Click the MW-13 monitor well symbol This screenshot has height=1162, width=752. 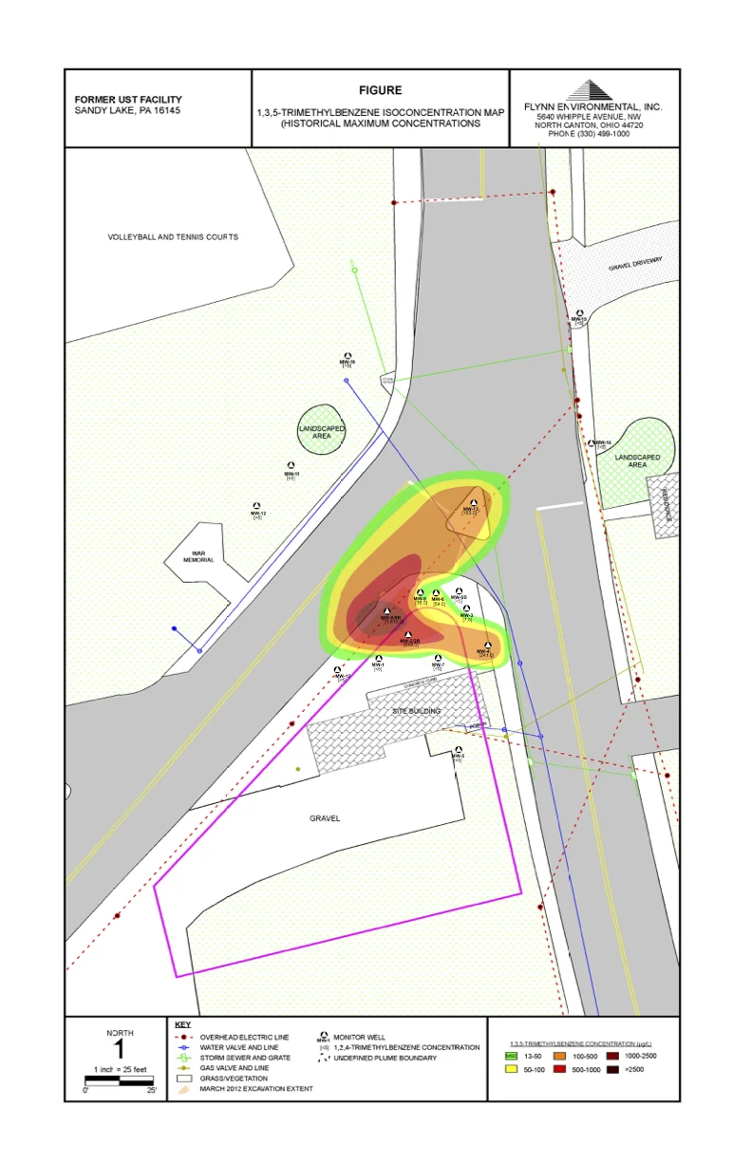473,501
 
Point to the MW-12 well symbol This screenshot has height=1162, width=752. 256,506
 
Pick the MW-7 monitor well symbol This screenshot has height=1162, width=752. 438,658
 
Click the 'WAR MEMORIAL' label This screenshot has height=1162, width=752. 198,557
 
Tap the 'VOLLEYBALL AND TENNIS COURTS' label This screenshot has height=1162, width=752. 173,237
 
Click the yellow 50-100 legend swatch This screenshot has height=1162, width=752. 511,1069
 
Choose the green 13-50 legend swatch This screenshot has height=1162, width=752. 511,1055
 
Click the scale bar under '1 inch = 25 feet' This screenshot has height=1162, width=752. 119,1078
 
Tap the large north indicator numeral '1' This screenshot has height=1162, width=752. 120,1049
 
